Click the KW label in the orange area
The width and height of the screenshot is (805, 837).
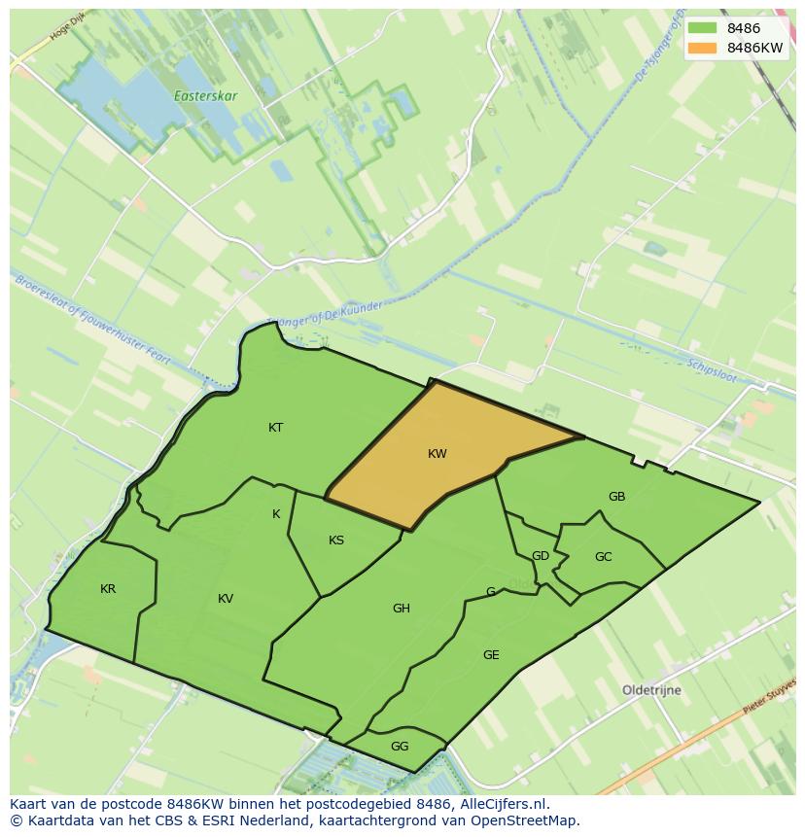(437, 454)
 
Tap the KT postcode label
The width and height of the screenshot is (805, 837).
(276, 428)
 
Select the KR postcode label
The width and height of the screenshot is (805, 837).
(108, 589)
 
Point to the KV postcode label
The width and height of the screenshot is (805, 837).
(226, 599)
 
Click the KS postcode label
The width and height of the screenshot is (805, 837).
(336, 541)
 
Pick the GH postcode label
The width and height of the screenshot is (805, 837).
(402, 609)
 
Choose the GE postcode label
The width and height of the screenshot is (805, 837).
(491, 655)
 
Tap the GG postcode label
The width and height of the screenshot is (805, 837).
(400, 747)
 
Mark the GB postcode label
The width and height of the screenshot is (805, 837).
(616, 497)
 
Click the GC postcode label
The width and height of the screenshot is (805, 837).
(604, 557)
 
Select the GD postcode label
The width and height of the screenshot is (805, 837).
(541, 556)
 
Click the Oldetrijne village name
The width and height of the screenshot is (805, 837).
(651, 690)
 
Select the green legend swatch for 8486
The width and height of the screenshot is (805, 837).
(702, 28)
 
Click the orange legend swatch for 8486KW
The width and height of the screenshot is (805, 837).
(702, 48)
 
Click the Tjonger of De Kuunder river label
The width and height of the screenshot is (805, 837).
(325, 314)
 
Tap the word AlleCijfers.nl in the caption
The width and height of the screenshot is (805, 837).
(501, 804)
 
